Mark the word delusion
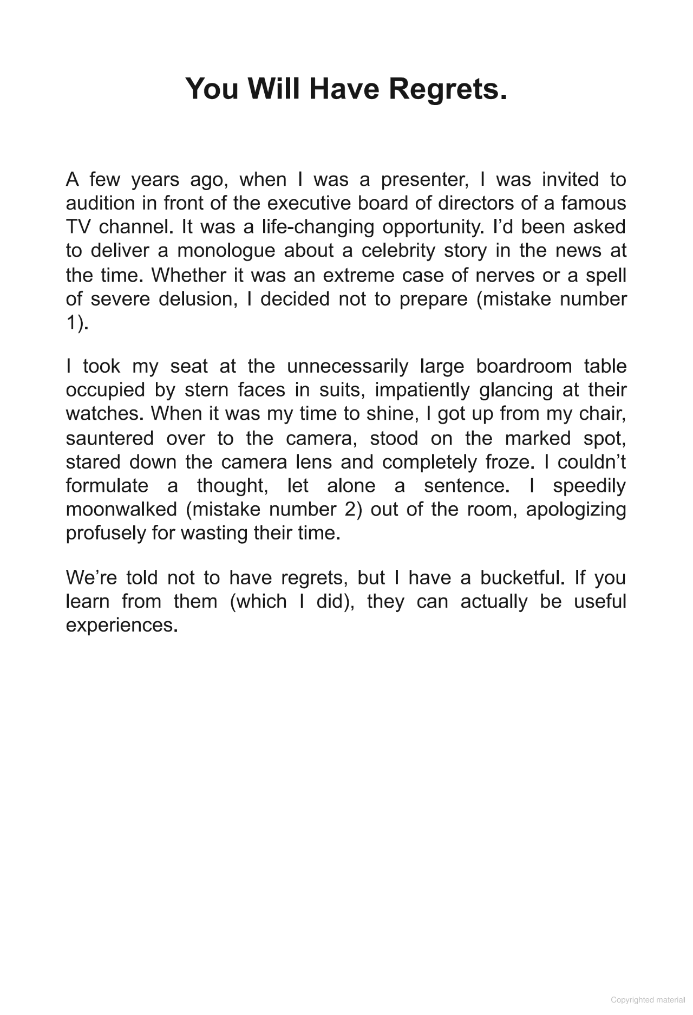(x=198, y=299)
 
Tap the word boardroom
(x=524, y=366)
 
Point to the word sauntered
(x=110, y=438)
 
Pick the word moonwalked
(x=121, y=510)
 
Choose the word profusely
(x=106, y=533)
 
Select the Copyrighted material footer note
(x=648, y=1000)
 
